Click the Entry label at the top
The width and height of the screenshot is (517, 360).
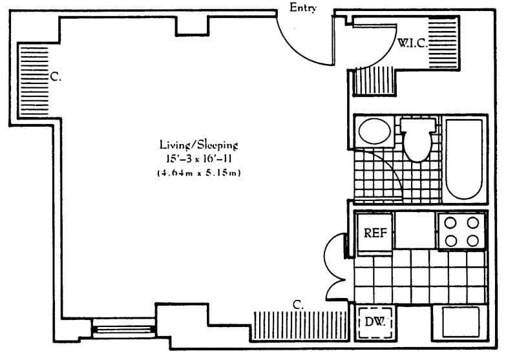pyautogui.click(x=303, y=8)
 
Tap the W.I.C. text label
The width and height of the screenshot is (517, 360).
pyautogui.click(x=412, y=44)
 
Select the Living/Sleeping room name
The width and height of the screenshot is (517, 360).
pyautogui.click(x=199, y=144)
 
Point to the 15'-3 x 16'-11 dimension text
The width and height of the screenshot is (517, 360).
pyautogui.click(x=199, y=158)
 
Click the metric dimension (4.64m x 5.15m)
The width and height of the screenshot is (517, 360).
pyautogui.click(x=199, y=173)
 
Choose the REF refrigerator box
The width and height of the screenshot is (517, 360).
pyautogui.click(x=375, y=233)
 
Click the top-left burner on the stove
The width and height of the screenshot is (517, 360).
pyautogui.click(x=450, y=222)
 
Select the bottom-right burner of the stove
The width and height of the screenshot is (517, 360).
pyautogui.click(x=473, y=240)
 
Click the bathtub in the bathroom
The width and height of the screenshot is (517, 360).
pyautogui.click(x=464, y=159)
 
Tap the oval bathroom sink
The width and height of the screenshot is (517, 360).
pyautogui.click(x=374, y=132)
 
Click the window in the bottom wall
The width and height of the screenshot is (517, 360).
pyautogui.click(x=124, y=330)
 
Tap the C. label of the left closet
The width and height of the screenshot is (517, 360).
pyautogui.click(x=55, y=77)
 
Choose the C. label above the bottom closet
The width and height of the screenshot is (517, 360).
pyautogui.click(x=298, y=304)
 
